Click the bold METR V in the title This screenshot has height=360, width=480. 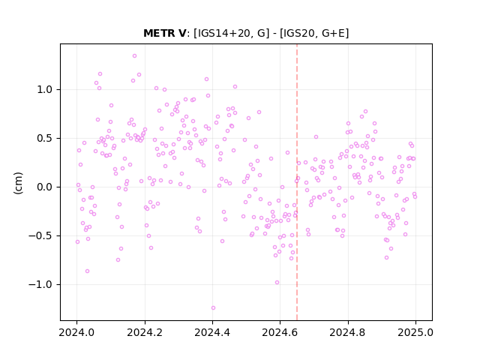[x=164, y=33]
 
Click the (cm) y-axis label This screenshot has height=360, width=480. [x=18, y=183]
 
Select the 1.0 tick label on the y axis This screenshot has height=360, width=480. [x=45, y=90]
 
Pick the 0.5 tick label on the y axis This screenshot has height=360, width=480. [x=45, y=138]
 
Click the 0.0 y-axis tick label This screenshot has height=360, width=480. [x=45, y=187]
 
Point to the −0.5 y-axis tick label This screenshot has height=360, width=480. [x=40, y=236]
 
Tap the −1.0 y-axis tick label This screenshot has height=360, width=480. [x=40, y=285]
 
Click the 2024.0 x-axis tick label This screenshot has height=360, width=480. [x=76, y=332]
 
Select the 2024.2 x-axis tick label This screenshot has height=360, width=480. [x=145, y=332]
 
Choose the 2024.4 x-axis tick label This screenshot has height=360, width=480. [x=212, y=332]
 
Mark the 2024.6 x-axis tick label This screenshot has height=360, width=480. [x=280, y=332]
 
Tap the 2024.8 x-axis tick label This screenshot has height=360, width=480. [x=348, y=332]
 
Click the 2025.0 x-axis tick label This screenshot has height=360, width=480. [x=415, y=332]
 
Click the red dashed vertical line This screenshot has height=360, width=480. [x=297, y=182]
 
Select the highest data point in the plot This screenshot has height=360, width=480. [x=134, y=56]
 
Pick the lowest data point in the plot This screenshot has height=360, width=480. [x=213, y=308]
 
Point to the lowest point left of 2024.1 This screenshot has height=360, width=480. [x=87, y=271]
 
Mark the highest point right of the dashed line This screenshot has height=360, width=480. [x=365, y=112]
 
